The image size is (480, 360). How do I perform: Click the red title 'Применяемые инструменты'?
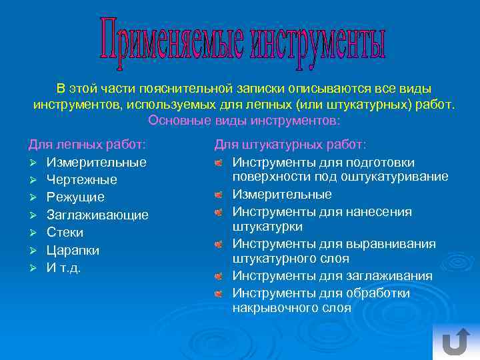click(x=243, y=41)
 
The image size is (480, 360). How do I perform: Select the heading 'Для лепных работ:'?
click(x=87, y=144)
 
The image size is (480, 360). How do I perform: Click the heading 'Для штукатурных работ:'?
click(x=289, y=144)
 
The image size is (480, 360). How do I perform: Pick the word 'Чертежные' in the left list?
click(x=82, y=180)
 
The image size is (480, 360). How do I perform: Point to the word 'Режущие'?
click(x=75, y=197)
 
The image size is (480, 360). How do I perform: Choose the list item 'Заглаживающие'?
click(x=97, y=215)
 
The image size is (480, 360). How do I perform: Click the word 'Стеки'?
click(x=65, y=233)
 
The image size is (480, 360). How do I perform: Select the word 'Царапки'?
click(x=73, y=251)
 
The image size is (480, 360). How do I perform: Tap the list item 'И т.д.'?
click(x=63, y=268)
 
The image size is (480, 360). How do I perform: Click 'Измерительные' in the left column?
click(x=97, y=162)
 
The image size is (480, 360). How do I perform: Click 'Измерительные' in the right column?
click(x=282, y=195)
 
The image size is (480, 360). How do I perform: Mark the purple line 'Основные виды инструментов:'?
click(x=244, y=121)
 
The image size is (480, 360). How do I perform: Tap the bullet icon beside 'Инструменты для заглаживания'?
click(x=218, y=276)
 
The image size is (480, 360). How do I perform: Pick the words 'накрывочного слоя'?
click(x=291, y=308)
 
